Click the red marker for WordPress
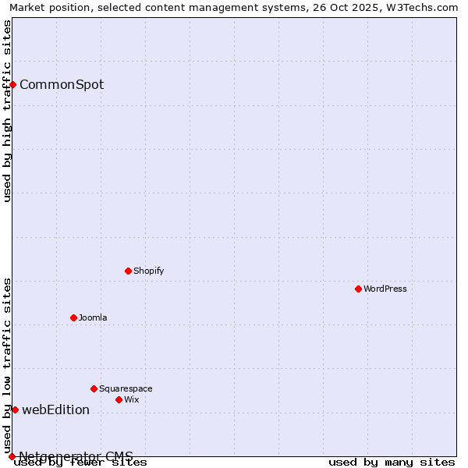tap(358, 289)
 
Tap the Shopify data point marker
tap(128, 271)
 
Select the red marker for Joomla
tap(73, 317)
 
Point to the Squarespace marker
tap(94, 388)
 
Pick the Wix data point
tap(119, 399)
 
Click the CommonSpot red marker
tap(13, 84)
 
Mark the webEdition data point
tap(15, 409)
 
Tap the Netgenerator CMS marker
tap(12, 456)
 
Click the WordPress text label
tap(385, 289)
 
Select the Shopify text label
tap(148, 271)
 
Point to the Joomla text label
tap(93, 317)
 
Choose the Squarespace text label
tap(126, 388)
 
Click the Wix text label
tap(131, 399)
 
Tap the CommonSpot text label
tap(62, 84)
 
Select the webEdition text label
tap(55, 409)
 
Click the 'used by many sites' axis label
tap(392, 463)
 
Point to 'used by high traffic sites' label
tap(7, 111)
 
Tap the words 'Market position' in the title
tap(47, 7)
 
